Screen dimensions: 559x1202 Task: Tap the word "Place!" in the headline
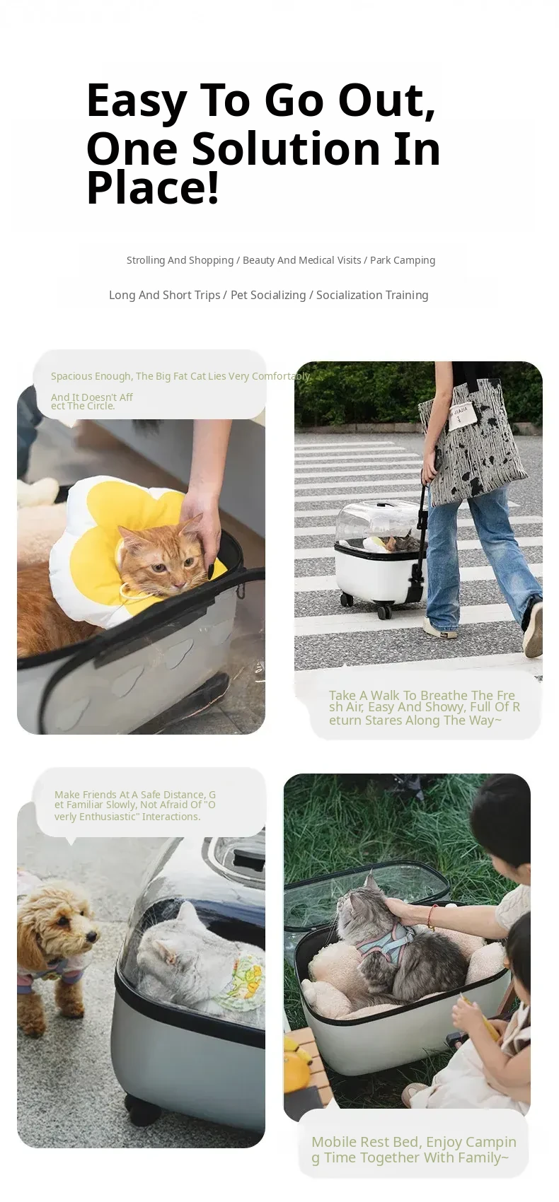[153, 187]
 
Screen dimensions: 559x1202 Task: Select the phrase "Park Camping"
[402, 260]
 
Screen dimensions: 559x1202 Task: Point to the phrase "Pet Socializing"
[268, 295]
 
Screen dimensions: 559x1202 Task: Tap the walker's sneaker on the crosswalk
[440, 626]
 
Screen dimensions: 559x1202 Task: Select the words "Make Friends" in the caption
[86, 794]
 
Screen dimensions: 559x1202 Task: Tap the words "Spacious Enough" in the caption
[91, 376]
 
